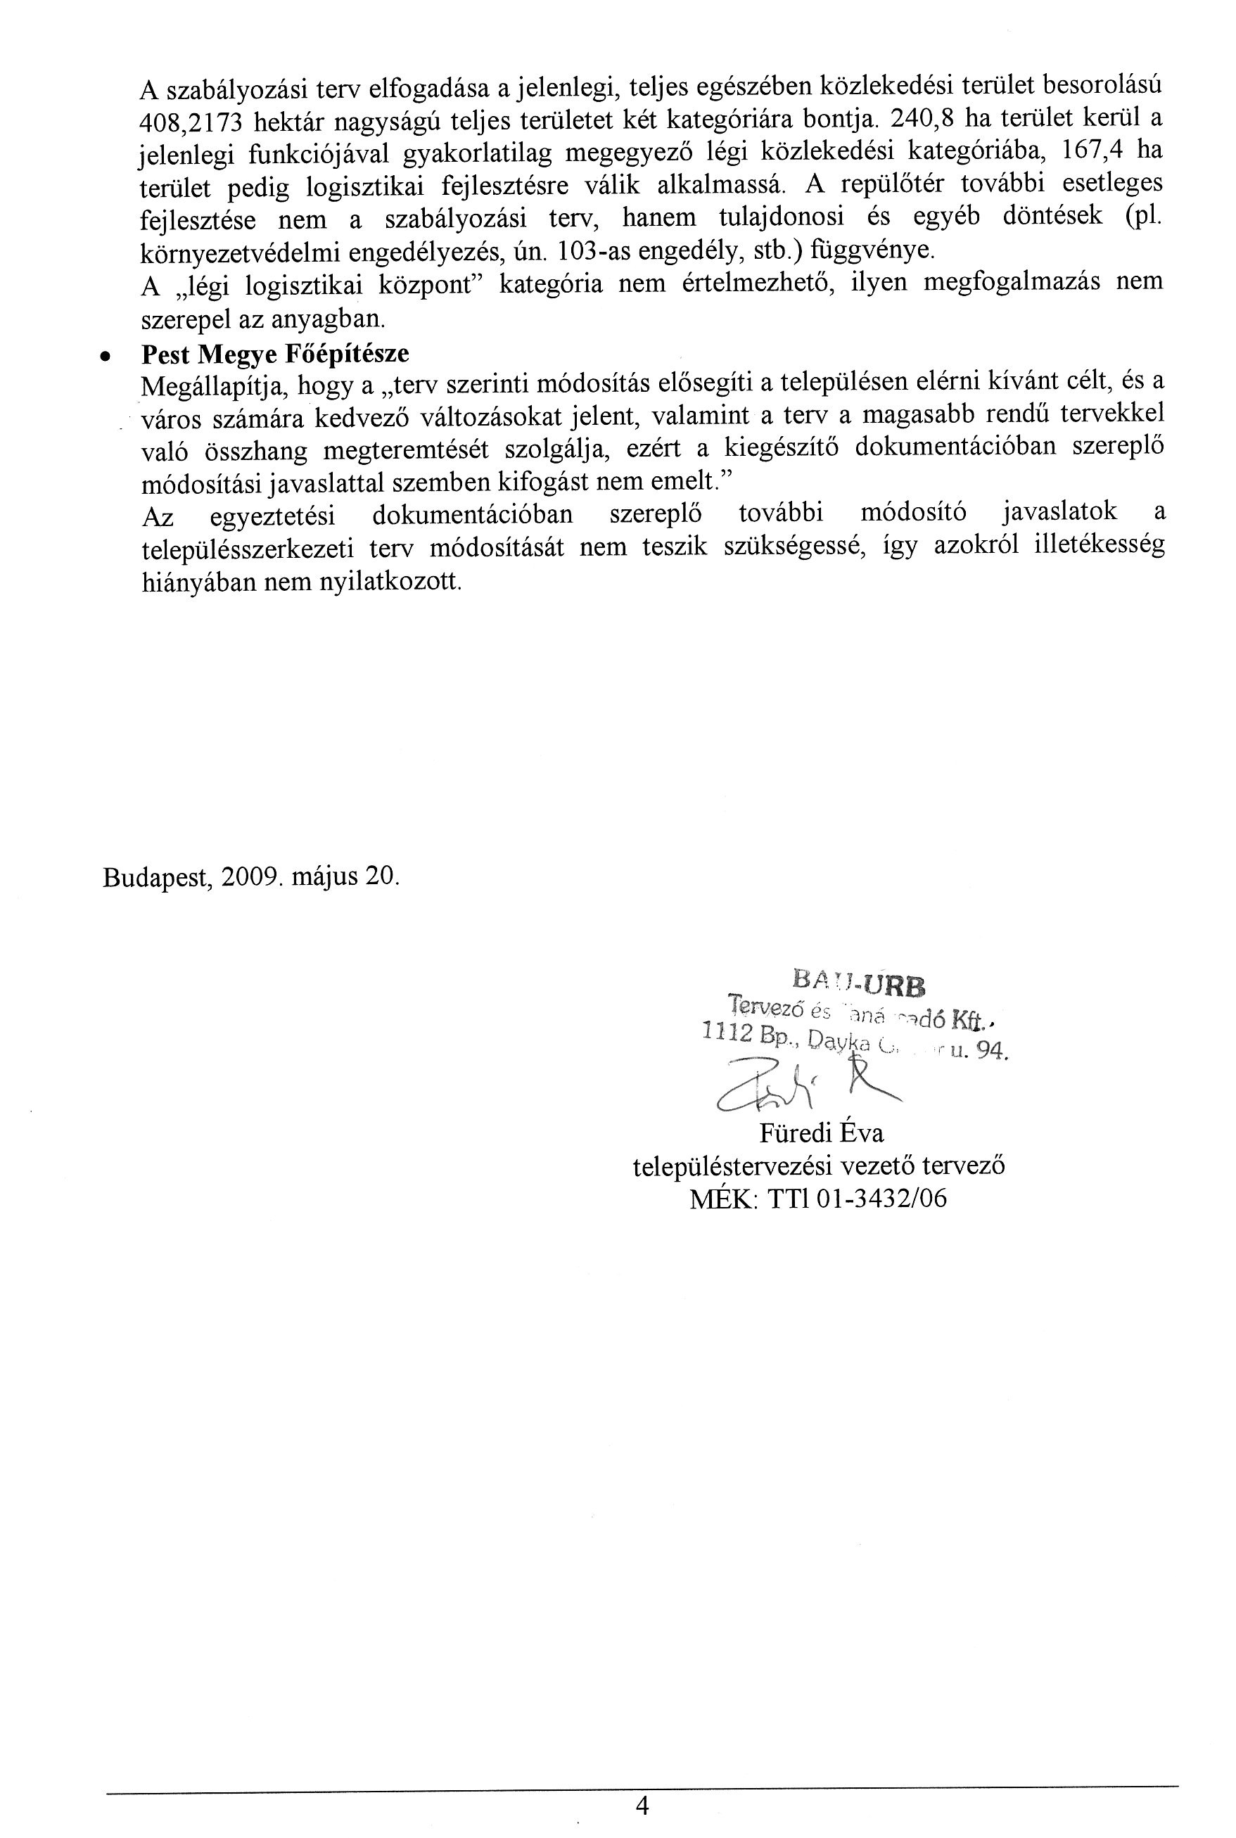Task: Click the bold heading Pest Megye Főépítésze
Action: [x=275, y=355]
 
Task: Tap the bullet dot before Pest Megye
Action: [x=103, y=356]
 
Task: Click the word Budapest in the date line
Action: [x=156, y=877]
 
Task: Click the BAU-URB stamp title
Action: [x=860, y=982]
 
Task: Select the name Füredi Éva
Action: [x=822, y=1133]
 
